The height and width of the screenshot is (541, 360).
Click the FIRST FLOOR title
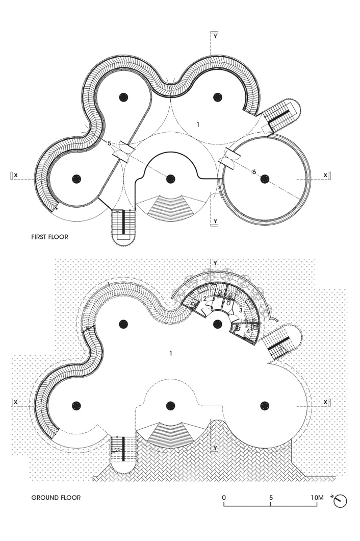[49, 237]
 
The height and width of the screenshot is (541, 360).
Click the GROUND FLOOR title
[56, 498]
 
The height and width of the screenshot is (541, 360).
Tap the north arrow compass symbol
[340, 501]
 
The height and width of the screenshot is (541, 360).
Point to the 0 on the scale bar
[224, 497]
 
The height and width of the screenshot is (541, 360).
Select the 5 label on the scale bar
[271, 497]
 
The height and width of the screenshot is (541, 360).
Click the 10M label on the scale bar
[316, 497]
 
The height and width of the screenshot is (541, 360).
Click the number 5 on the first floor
[109, 143]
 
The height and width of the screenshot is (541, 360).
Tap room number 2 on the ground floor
[204, 299]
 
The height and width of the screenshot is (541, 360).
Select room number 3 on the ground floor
[240, 309]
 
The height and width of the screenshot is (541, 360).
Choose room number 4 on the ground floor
[248, 331]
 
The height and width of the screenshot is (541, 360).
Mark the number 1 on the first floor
[198, 124]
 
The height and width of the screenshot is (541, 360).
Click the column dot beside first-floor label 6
[264, 179]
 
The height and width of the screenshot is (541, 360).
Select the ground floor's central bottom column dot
[171, 405]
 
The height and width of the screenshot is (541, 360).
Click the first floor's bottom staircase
[123, 224]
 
